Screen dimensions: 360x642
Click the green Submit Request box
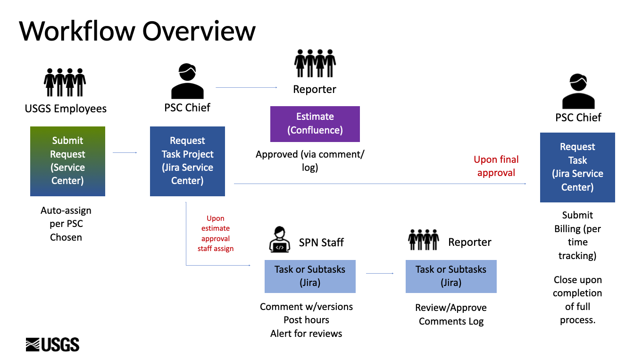point(67,161)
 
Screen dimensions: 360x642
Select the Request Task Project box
point(187,161)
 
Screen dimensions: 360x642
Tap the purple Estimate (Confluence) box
point(315,124)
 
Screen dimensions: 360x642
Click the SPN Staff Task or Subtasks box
point(310,276)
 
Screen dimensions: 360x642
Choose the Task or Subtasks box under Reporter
point(451,276)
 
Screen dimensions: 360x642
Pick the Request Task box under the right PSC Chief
point(577,167)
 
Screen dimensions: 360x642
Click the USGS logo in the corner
point(52,344)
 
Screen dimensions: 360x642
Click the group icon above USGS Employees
point(65,83)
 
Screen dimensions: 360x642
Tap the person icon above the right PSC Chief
point(578,92)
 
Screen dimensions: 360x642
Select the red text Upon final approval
point(496,166)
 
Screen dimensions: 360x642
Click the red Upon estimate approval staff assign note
point(216,233)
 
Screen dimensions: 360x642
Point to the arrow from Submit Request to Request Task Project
point(125,152)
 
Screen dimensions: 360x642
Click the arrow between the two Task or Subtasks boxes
point(380,273)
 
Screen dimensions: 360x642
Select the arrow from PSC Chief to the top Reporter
point(246,87)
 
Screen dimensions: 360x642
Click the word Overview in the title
point(199,31)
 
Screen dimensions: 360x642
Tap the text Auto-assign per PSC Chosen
point(66,224)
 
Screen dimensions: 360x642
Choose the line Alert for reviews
point(306,334)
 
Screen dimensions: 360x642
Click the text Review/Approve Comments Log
point(451,314)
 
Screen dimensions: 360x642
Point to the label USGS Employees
point(66,109)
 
